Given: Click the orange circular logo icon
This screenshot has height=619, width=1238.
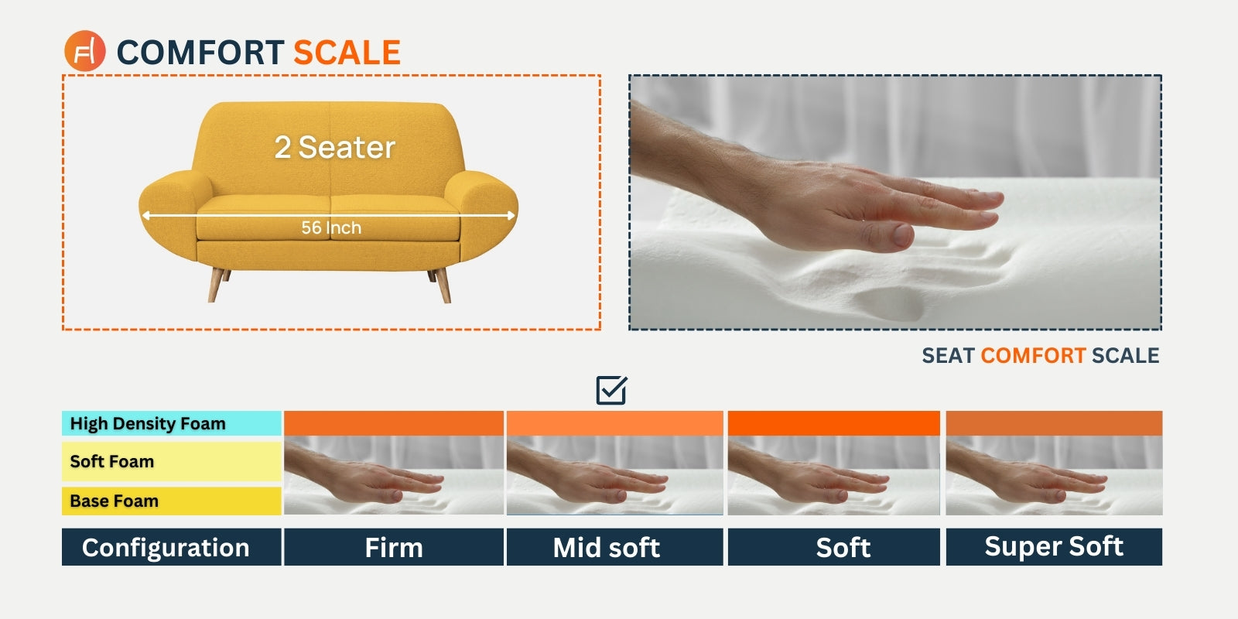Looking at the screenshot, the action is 84,51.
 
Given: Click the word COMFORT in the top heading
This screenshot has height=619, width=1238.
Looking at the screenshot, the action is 200,53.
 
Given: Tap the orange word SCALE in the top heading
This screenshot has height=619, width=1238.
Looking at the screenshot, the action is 347,53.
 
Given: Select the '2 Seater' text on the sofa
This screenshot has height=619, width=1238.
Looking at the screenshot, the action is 335,147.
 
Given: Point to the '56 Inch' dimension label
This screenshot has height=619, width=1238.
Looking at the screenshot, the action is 331,227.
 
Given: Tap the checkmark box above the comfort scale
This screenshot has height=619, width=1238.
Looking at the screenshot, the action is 611,390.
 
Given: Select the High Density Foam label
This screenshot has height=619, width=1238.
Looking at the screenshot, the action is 171,423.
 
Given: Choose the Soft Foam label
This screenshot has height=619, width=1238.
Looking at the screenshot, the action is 171,461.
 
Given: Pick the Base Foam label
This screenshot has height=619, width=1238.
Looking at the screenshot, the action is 171,501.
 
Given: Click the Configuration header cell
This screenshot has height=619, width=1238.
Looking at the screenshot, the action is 171,547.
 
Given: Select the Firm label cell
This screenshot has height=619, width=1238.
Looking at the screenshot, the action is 394,547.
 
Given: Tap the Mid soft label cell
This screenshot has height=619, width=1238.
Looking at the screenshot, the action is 614,547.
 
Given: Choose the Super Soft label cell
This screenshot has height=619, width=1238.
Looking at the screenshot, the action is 1054,547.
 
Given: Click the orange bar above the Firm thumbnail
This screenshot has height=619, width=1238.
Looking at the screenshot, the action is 394,423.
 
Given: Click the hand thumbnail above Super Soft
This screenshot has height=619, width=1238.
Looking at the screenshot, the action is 1054,475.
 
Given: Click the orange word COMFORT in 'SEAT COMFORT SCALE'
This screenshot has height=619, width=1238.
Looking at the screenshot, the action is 1033,355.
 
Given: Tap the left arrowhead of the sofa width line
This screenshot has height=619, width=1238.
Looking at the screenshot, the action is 146,216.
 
